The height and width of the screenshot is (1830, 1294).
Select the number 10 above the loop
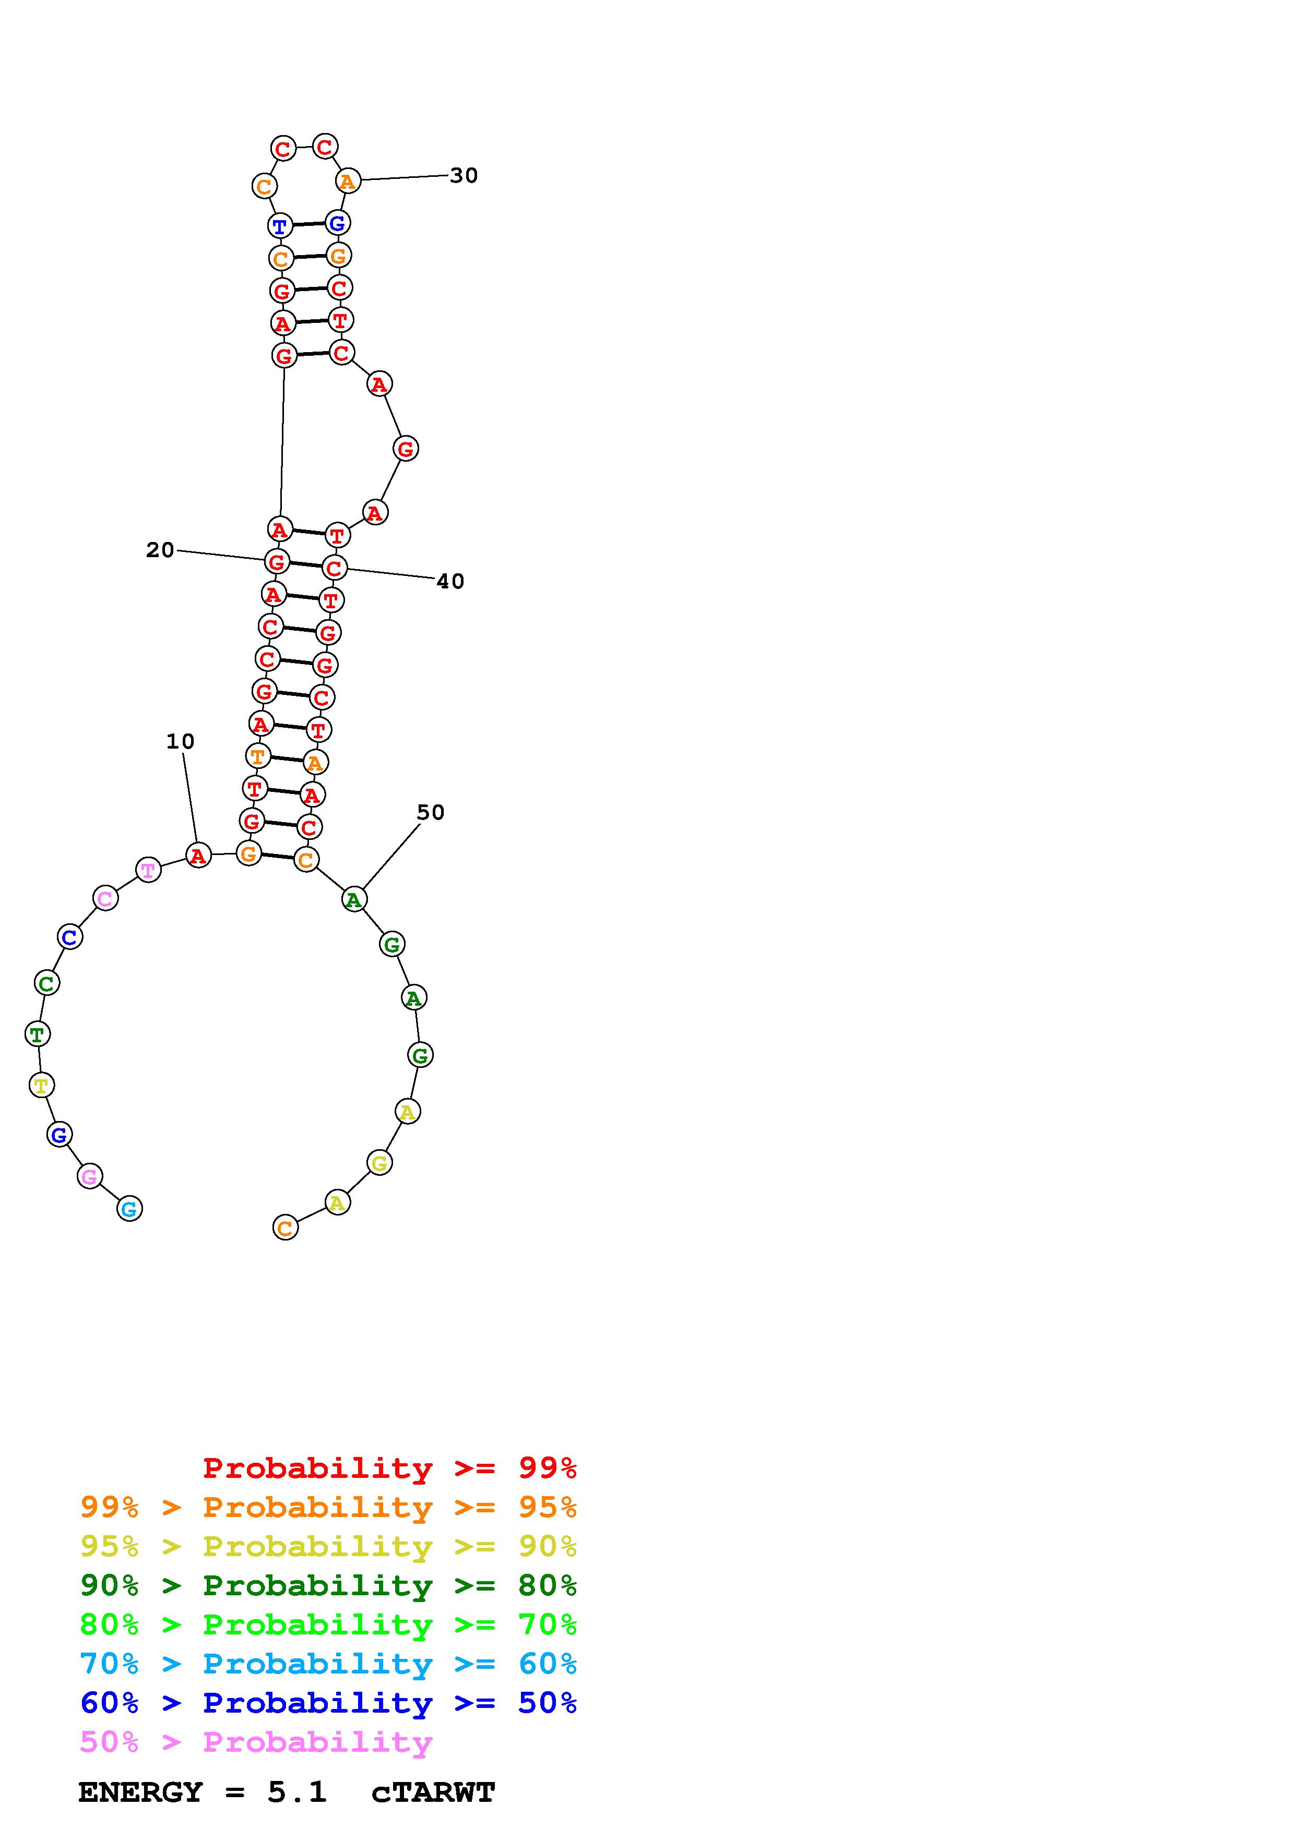pos(180,741)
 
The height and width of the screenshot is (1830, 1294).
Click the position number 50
pos(431,812)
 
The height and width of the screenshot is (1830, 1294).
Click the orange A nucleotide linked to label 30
pos(348,181)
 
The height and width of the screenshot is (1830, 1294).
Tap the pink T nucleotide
pos(148,870)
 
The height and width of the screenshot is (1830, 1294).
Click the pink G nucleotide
pos(90,1176)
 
